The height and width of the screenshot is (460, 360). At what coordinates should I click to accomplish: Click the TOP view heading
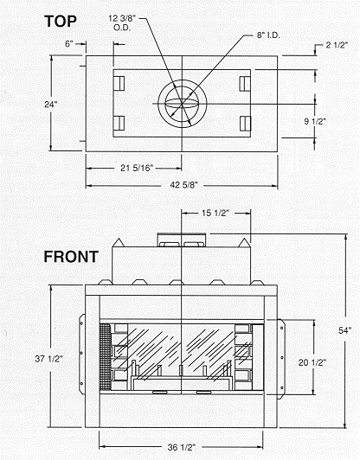click(61, 22)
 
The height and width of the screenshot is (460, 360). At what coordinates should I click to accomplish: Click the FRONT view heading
click(71, 257)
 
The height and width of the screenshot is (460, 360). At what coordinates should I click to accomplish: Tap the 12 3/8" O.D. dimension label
click(122, 22)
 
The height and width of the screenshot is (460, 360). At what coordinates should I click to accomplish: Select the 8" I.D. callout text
click(268, 35)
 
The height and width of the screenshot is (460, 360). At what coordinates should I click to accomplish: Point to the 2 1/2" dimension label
click(337, 45)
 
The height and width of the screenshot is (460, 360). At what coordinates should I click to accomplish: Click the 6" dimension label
click(68, 44)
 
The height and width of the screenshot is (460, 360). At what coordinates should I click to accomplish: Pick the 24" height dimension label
click(51, 104)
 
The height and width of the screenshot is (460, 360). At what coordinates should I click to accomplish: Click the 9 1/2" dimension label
click(315, 121)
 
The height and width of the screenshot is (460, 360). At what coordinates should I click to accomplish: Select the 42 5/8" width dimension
click(183, 185)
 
